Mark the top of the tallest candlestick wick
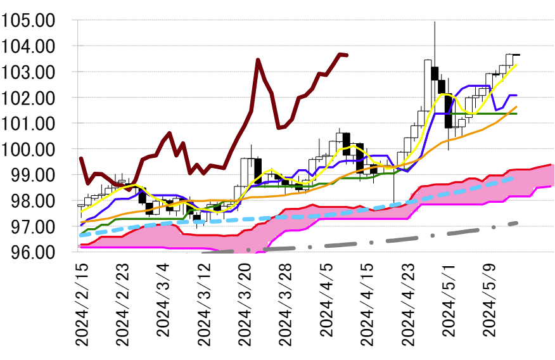[435, 22]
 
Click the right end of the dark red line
[347, 55]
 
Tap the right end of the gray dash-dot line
[518, 222]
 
